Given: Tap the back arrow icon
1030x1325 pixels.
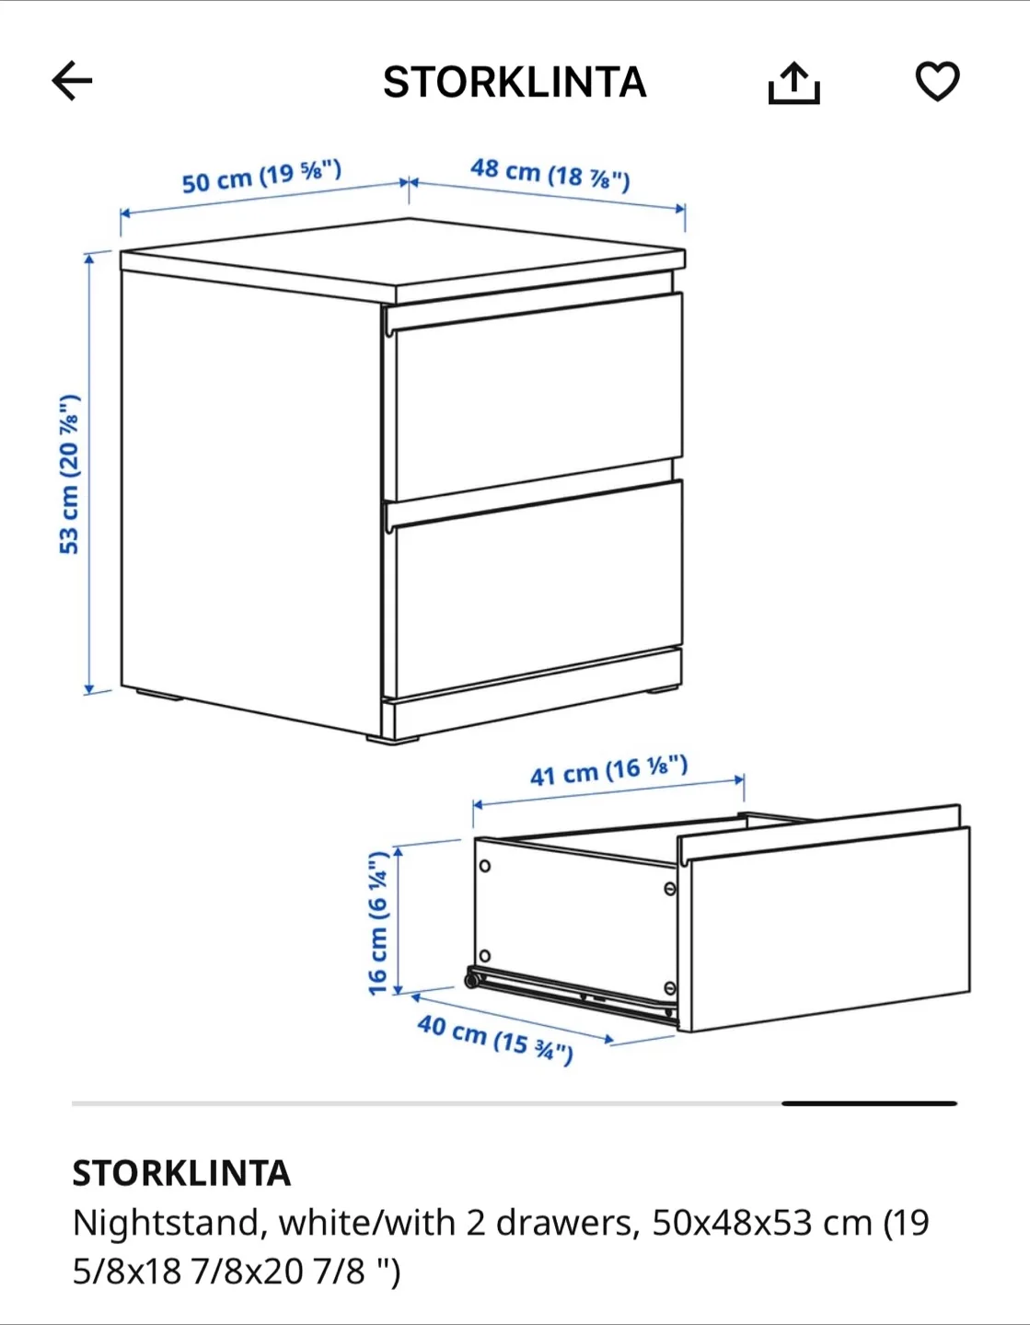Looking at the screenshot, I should click(72, 81).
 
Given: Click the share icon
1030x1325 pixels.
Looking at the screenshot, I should click(793, 83).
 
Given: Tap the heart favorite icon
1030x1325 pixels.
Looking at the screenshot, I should click(937, 81).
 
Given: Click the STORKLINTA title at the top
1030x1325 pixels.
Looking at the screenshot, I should click(515, 83).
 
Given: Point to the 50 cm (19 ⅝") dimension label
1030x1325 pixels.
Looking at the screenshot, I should click(261, 176).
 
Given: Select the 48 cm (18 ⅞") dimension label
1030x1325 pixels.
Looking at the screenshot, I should click(550, 173).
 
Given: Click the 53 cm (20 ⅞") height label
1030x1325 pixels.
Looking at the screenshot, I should click(70, 474).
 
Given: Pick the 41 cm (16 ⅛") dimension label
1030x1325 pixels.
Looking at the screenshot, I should click(608, 770).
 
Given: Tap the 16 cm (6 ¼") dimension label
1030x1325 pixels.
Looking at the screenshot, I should click(378, 923).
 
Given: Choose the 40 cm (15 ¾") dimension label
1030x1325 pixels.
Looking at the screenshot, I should click(495, 1038).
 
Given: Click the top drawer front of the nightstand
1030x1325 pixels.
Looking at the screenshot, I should click(534, 396).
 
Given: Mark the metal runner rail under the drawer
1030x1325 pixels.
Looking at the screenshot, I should click(571, 994).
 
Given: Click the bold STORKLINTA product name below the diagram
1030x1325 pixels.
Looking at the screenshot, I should click(181, 1173).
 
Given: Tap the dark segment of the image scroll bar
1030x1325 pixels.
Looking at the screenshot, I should click(869, 1102).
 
